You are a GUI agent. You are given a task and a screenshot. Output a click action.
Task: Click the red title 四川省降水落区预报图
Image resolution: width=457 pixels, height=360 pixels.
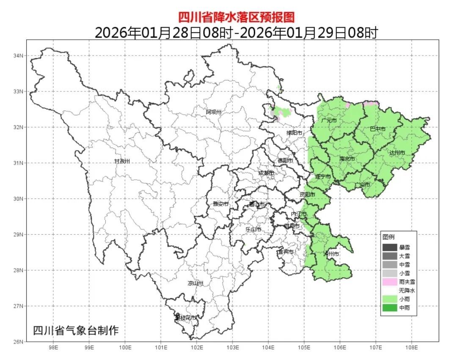pyautogui.click(x=235, y=17)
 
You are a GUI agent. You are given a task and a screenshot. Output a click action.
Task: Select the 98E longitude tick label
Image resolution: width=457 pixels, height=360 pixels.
pyautogui.click(x=53, y=348)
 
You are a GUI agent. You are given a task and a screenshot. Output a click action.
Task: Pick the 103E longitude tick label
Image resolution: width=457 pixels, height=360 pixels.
pyautogui.click(x=232, y=348)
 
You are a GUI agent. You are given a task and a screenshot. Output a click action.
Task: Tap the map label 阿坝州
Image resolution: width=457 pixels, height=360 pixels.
pyautogui.click(x=214, y=112)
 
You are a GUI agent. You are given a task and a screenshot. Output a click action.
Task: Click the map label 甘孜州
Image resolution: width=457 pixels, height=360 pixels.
pyautogui.click(x=122, y=162)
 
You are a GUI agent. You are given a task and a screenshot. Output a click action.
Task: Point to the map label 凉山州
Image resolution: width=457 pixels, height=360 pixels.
pyautogui.click(x=196, y=283)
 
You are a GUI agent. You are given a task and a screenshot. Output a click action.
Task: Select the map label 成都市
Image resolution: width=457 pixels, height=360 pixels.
pyautogui.click(x=266, y=173)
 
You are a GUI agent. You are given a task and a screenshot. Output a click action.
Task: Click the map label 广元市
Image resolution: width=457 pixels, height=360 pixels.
pyautogui.click(x=329, y=121)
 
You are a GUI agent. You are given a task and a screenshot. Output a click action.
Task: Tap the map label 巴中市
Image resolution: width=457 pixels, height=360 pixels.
pyautogui.click(x=377, y=129)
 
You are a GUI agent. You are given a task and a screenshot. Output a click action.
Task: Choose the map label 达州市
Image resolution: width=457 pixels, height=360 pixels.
pyautogui.click(x=397, y=152)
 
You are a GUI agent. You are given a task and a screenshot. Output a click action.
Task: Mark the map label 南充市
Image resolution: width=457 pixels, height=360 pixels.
pyautogui.click(x=347, y=159)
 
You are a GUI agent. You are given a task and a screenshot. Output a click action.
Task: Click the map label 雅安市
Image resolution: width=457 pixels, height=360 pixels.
pyautogui.click(x=220, y=204)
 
